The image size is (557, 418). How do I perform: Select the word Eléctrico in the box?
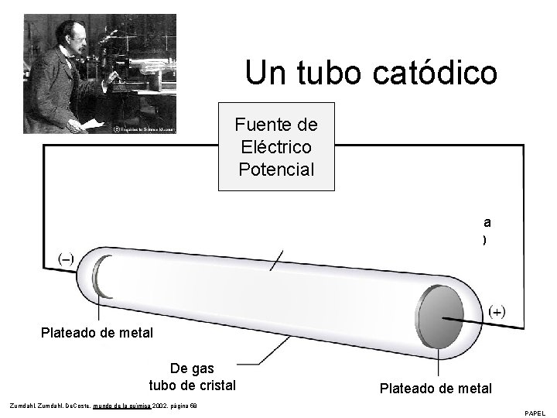click(277, 146)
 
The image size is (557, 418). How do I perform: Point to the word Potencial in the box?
click(277, 168)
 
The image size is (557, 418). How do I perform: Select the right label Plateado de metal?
click(436, 389)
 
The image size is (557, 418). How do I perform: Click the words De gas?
click(192, 368)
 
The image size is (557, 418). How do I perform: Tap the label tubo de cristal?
click(193, 385)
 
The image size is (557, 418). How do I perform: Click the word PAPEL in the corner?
click(535, 413)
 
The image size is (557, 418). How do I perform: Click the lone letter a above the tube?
click(487, 221)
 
